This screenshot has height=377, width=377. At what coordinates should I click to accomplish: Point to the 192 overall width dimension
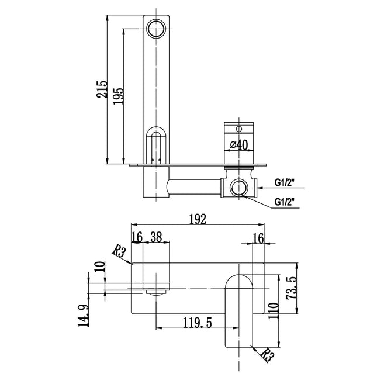198,219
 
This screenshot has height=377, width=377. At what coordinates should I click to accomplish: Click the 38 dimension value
157,237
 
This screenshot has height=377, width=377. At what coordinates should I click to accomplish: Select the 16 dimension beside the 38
137,237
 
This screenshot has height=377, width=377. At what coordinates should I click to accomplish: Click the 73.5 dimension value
299,288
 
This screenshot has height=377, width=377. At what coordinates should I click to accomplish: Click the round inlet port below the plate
238,188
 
